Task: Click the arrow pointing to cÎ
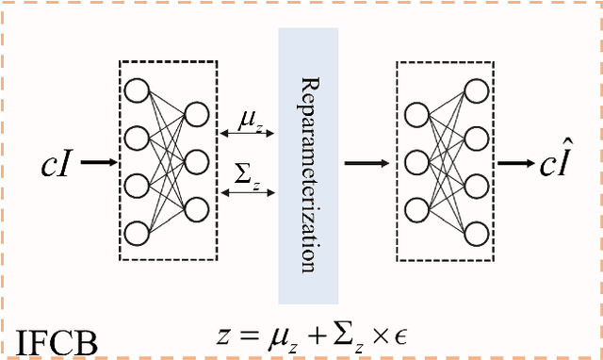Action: [518, 163]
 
